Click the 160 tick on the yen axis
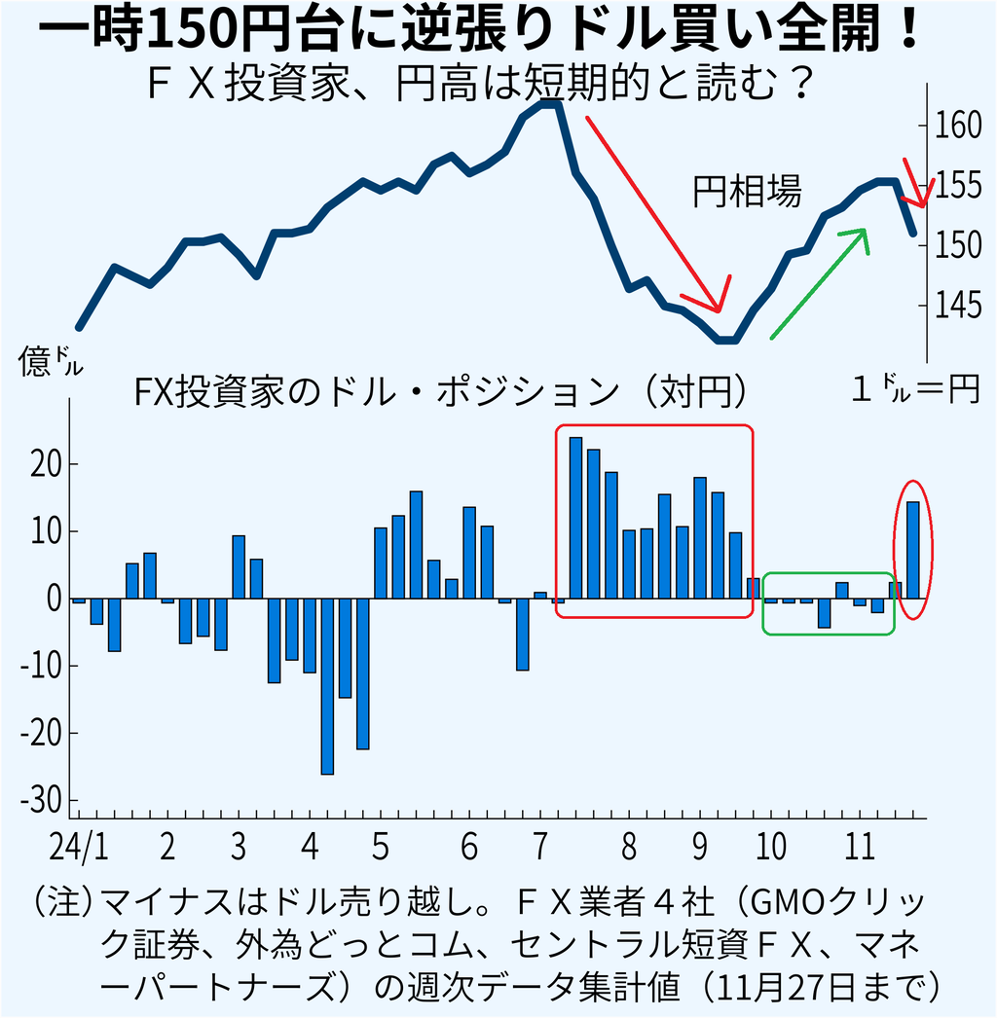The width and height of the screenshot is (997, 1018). point(952,125)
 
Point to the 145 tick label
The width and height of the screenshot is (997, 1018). point(952,309)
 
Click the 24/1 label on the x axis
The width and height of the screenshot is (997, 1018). point(81,846)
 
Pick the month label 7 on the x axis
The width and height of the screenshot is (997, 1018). point(540,846)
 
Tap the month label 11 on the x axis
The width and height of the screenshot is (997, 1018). point(859,846)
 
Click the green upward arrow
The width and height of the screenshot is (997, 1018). point(820,282)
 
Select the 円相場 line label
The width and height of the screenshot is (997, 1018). point(748,192)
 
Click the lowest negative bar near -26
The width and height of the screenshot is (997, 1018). point(327,686)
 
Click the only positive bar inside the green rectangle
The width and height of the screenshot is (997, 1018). point(842,591)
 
